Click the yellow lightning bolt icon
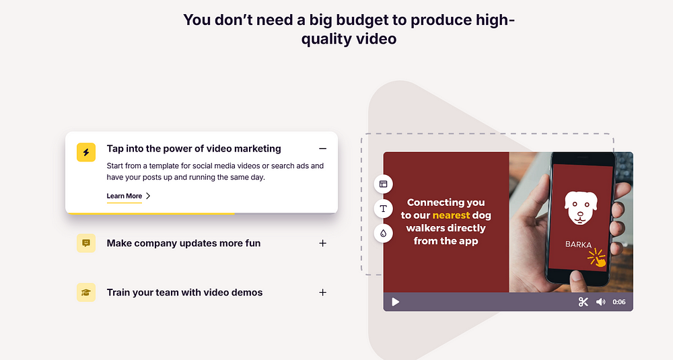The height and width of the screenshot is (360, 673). click(86, 152)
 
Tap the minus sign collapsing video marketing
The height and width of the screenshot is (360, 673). click(323, 149)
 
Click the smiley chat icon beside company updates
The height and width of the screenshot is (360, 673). click(86, 244)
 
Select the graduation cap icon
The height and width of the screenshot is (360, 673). click(86, 293)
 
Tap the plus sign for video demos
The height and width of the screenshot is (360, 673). click(323, 293)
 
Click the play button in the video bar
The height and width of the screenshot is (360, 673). click(395, 302)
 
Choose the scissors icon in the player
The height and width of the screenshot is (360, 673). click(583, 302)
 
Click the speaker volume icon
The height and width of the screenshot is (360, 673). click(600, 302)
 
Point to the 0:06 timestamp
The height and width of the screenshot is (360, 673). click(619, 302)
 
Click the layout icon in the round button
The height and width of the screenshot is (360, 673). click(384, 184)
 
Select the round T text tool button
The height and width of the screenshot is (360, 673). click(384, 209)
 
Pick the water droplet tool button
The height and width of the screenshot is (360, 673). click(384, 233)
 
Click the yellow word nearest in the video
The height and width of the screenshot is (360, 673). click(451, 215)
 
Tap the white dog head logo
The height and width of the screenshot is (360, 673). click(580, 208)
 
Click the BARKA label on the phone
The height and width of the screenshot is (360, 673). click(578, 244)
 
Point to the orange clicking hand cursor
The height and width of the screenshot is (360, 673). click(597, 258)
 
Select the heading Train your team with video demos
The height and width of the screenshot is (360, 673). click(184, 293)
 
